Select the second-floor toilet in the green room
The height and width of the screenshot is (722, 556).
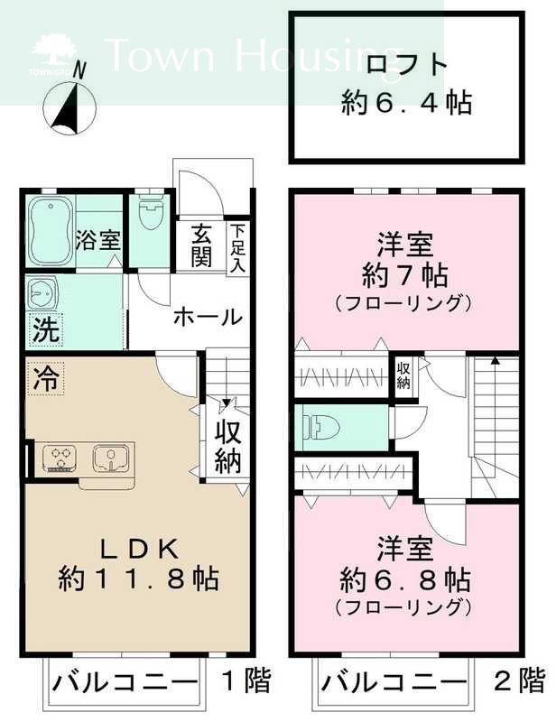pos(319,427)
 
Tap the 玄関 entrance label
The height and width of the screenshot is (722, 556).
pos(200,245)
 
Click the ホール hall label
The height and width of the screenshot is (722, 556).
pos(207,317)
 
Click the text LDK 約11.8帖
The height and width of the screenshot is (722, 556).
pos(140,561)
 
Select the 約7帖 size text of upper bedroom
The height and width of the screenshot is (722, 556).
pos(406,274)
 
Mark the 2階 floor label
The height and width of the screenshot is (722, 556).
pos(521,679)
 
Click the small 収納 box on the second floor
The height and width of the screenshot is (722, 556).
pos(403,375)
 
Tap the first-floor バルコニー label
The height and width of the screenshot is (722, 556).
pos(125,680)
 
